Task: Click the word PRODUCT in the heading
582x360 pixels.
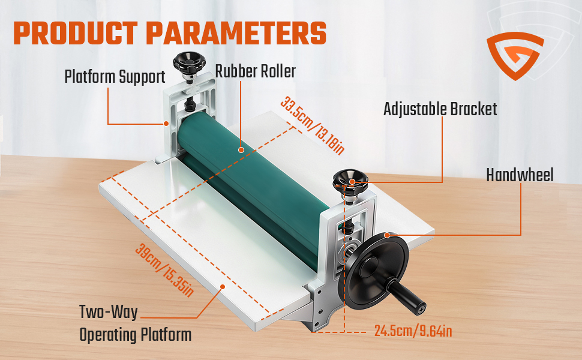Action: coord(76,34)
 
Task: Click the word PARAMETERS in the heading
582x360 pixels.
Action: coord(236,34)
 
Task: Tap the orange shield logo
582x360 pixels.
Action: coord(515,56)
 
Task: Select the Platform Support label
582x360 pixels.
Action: coord(115,77)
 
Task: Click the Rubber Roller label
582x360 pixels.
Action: coord(256,71)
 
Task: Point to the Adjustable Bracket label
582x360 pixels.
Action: coord(440,109)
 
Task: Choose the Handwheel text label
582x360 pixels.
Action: coord(520,175)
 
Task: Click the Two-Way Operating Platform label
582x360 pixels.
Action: coord(136,323)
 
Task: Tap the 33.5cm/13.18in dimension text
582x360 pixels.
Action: coord(313,125)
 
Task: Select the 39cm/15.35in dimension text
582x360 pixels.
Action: coord(164,270)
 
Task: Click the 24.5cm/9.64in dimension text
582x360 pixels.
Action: coord(413,331)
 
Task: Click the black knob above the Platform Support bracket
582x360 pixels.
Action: coord(189,62)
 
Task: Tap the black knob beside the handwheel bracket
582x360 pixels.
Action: coord(350,181)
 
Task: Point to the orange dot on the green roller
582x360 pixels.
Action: coord(241,150)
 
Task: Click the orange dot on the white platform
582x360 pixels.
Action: coord(223,286)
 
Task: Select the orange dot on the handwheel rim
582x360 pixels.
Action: coord(387,235)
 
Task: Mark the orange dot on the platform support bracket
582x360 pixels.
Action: coord(166,124)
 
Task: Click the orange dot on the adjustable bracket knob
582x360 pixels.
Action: coord(352,182)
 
